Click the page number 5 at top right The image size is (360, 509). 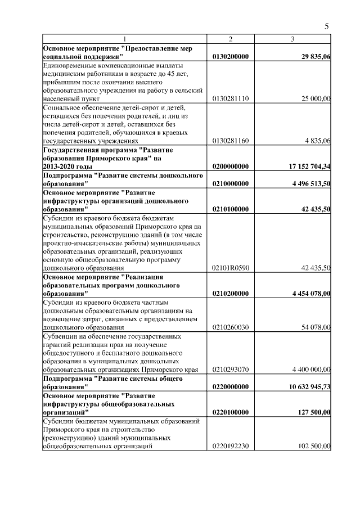pyautogui.click(x=327, y=26)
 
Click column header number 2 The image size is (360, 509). pyautogui.click(x=231, y=39)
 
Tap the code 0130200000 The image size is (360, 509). pyautogui.click(x=231, y=57)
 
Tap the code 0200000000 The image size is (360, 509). pyautogui.click(x=231, y=166)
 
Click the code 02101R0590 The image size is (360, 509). pyautogui.click(x=231, y=268)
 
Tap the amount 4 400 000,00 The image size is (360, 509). pyautogui.click(x=307, y=370)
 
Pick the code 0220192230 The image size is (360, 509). pyautogui.click(x=231, y=447)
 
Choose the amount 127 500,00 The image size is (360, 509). pyautogui.click(x=311, y=412)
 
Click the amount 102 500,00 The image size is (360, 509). pyautogui.click(x=311, y=447)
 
